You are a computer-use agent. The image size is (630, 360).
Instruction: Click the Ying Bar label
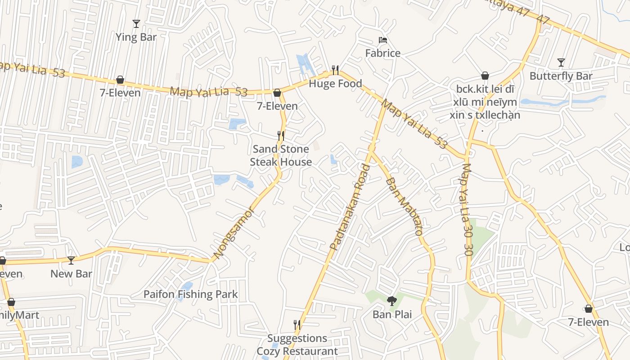(136, 37)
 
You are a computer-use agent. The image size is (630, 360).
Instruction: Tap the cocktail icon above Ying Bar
(136, 23)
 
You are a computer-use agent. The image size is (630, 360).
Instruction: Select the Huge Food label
(335, 84)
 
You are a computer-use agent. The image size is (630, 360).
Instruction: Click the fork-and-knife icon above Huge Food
(335, 70)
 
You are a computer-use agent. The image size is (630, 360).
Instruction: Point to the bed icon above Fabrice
(382, 40)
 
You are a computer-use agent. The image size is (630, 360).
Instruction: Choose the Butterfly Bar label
(561, 76)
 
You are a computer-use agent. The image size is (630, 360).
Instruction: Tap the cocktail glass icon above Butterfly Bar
(561, 62)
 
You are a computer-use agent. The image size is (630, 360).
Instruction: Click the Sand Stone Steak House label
(281, 155)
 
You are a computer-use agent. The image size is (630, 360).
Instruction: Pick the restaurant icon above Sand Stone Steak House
(281, 135)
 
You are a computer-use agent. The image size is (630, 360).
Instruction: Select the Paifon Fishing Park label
(190, 294)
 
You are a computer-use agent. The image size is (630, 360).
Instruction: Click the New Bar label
(71, 274)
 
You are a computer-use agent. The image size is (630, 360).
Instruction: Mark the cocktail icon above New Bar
(71, 260)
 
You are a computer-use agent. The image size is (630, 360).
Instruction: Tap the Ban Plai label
(392, 314)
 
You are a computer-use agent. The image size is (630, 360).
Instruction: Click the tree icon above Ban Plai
(392, 301)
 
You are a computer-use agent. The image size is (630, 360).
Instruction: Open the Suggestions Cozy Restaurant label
(297, 345)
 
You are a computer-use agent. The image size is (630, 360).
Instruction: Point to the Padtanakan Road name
(350, 207)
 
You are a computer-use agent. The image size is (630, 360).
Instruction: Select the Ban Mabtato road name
(404, 207)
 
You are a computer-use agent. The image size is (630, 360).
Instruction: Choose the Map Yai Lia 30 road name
(467, 210)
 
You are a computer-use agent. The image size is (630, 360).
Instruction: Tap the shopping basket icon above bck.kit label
(485, 76)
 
